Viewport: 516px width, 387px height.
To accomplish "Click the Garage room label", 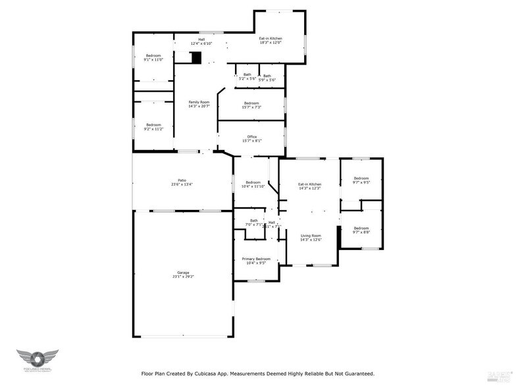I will tap(182, 274).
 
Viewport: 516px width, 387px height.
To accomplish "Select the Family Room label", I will tap(199, 104).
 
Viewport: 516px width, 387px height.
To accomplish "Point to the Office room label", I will tap(252, 138).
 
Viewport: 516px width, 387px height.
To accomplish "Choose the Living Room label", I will tap(311, 238).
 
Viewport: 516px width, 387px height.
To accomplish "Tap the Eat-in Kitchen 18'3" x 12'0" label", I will tap(271, 40).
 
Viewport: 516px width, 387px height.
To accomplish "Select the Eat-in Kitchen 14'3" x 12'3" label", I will tap(309, 186).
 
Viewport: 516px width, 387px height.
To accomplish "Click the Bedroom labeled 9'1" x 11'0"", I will tap(153, 57).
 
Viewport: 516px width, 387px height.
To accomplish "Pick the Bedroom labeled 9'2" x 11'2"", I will tap(153, 126).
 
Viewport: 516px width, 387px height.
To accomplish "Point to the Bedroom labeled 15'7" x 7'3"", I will tap(251, 105).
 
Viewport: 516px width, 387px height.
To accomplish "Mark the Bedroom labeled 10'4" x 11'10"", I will tap(254, 184).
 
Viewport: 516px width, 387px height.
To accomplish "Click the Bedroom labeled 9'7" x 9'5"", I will tap(361, 180).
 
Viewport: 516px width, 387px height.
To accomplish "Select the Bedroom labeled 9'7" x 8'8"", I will tap(361, 230).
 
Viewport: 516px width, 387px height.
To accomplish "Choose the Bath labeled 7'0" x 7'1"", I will tap(254, 222).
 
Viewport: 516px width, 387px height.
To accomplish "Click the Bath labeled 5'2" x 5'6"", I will tap(247, 76).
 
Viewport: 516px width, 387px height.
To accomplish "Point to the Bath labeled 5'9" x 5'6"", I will tap(267, 78).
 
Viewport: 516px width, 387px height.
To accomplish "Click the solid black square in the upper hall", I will tap(195, 58).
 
